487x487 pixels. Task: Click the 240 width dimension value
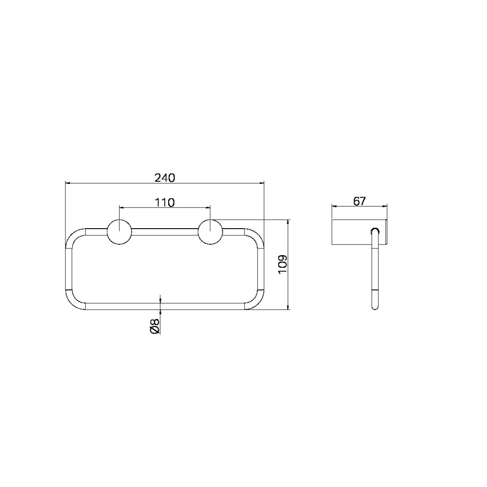pyautogui.click(x=165, y=178)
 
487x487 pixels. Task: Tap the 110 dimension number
pyautogui.click(x=165, y=202)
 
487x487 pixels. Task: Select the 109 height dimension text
pyautogui.click(x=282, y=265)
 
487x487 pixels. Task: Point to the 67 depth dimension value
pyautogui.click(x=359, y=201)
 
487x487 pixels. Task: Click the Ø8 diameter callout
pyautogui.click(x=155, y=326)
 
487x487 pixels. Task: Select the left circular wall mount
pyautogui.click(x=119, y=232)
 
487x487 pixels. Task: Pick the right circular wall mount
pyautogui.click(x=210, y=232)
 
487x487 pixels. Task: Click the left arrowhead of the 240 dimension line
pyautogui.click(x=68, y=183)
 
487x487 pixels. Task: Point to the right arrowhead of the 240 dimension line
pyautogui.click(x=262, y=183)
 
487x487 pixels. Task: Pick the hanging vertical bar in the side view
pyautogui.click(x=375, y=275)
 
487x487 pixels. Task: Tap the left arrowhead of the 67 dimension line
pyautogui.click(x=334, y=207)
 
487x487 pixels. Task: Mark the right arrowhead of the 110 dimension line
pyautogui.click(x=208, y=208)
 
